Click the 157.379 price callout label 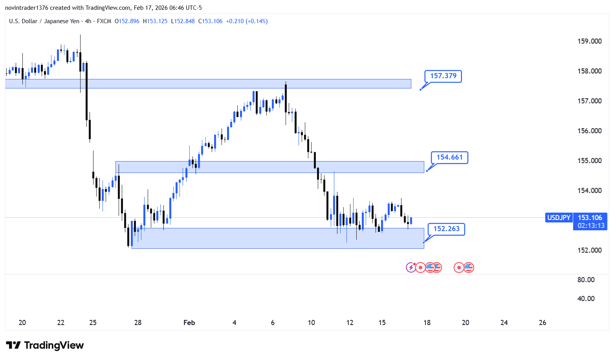click(443, 76)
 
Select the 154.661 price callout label click(449, 158)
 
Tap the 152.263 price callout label click(446, 229)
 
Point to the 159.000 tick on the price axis click(589, 41)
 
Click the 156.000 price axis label click(589, 131)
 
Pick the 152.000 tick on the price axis click(589, 250)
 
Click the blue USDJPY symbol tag click(559, 218)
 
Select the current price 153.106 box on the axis click(590, 218)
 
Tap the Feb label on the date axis click(189, 323)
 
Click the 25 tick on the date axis click(93, 323)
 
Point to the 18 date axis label click(427, 323)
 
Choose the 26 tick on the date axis click(543, 323)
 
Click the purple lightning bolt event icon click(411, 268)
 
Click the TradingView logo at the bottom click(45, 345)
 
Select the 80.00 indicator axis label click(586, 280)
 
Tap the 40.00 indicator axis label click(586, 299)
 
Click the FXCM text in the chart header click(104, 21)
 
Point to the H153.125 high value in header click(155, 21)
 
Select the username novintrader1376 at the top click(26, 8)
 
